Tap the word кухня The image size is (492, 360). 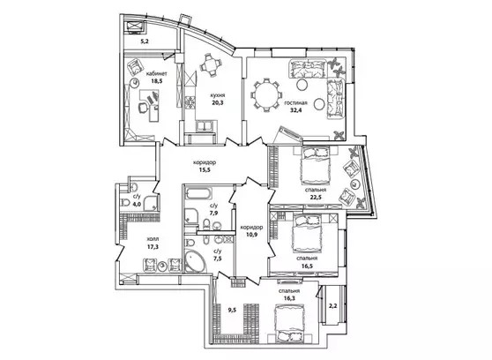click(x=218, y=95)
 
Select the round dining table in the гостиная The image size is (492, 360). click(x=265, y=95)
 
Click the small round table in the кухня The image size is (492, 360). click(x=211, y=65)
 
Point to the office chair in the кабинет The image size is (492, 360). click(x=143, y=107)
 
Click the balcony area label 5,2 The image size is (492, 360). click(x=145, y=41)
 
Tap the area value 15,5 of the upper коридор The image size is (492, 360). click(x=205, y=170)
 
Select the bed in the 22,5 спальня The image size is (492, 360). click(x=316, y=167)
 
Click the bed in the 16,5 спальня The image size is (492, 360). click(x=307, y=234)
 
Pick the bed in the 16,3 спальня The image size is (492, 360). click(x=289, y=324)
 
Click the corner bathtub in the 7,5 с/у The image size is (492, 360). click(x=195, y=260)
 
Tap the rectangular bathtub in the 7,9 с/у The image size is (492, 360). click(x=198, y=193)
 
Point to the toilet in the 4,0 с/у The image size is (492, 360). click(x=125, y=203)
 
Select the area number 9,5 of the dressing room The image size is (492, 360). click(x=232, y=311)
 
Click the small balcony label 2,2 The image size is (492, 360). click(x=333, y=305)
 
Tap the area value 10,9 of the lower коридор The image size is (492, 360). click(x=252, y=234)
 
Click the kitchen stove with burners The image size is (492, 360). click(x=190, y=102)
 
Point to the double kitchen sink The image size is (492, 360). click(x=205, y=125)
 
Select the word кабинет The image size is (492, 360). click(x=157, y=74)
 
